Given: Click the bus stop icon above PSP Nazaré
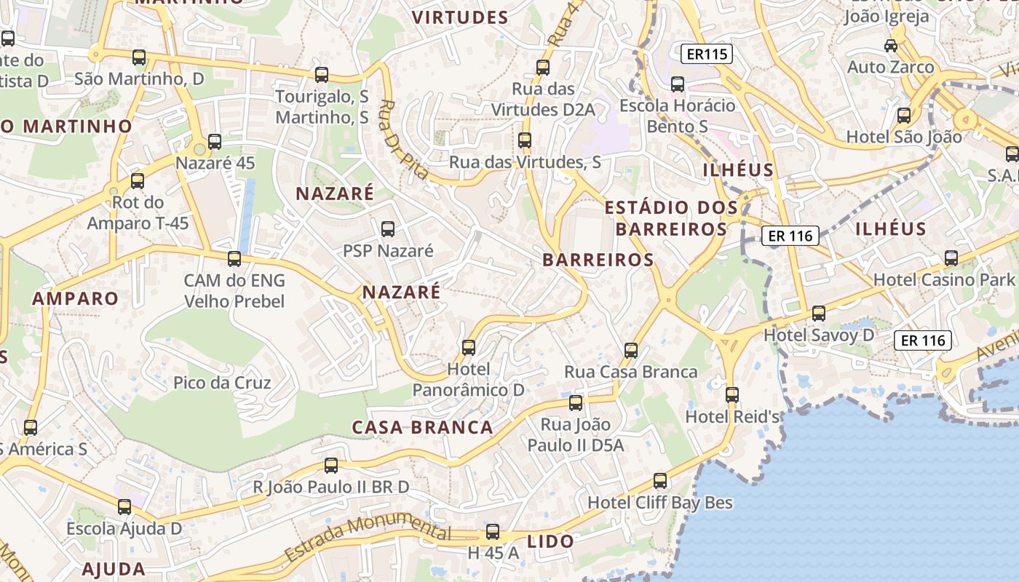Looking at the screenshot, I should point(388,229).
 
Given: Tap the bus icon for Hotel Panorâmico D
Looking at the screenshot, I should point(469,348).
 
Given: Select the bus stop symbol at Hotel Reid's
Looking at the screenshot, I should point(732,395).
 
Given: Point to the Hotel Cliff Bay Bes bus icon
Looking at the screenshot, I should point(660,481).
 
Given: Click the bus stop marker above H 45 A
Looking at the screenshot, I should point(493,532).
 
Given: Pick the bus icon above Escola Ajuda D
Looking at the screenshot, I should point(124,507).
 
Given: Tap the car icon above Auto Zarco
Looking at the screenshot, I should point(890,46).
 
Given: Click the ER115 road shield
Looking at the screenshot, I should point(707,54).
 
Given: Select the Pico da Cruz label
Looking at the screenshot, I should point(222,383).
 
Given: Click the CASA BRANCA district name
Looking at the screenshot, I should point(423,427).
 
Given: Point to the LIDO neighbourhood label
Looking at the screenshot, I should point(550,541).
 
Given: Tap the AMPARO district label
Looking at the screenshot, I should point(75,298).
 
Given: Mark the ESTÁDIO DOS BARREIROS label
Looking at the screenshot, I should point(671,218).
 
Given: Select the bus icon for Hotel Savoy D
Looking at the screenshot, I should point(819,314).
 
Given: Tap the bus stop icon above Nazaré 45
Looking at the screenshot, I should point(215,141).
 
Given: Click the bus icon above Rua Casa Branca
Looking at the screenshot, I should point(631,351).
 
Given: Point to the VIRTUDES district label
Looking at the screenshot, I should point(460,17).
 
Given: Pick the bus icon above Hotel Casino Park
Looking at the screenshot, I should point(951,258).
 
